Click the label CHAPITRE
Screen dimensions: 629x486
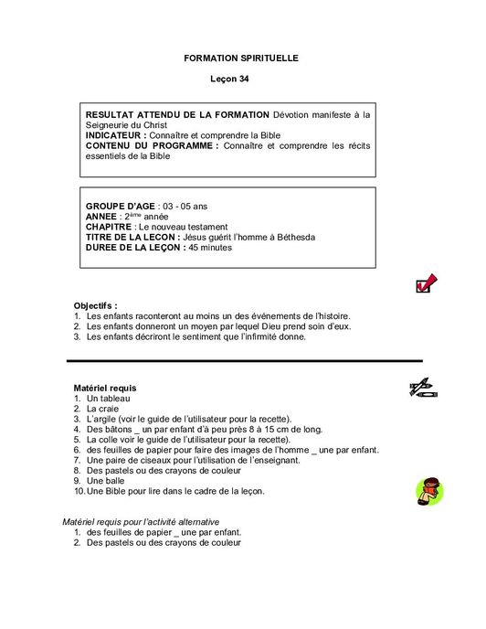(x=109, y=226)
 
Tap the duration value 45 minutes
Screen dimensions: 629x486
(x=212, y=247)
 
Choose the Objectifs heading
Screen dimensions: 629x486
(x=95, y=305)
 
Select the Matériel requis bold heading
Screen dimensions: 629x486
(x=104, y=389)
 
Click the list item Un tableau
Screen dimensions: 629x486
(x=109, y=399)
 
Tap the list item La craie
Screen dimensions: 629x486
(x=103, y=409)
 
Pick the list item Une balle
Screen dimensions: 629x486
(x=107, y=480)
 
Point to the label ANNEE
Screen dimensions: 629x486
(x=101, y=216)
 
